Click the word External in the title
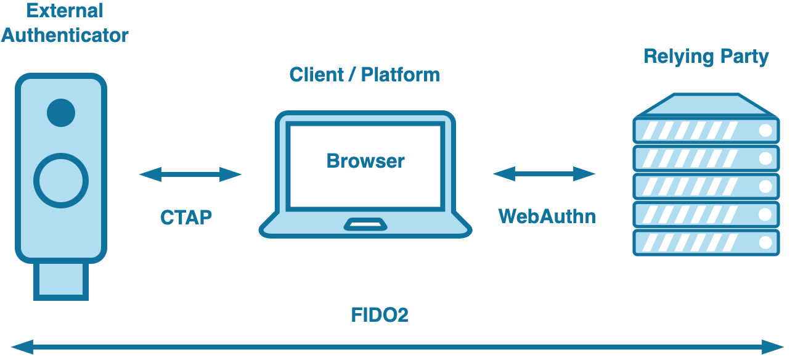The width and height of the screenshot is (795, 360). coord(65,10)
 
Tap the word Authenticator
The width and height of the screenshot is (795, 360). coord(65,35)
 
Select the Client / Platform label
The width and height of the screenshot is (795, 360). coord(365,75)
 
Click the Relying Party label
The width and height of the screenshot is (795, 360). coord(706,57)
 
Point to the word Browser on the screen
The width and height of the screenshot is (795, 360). coord(365,161)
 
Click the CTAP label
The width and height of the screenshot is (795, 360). coord(186,217)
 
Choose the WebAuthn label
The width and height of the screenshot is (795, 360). coord(547,216)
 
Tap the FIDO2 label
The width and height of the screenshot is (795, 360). coord(380,315)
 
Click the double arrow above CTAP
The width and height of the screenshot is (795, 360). coord(190,174)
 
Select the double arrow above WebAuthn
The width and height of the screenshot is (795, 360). coord(544,174)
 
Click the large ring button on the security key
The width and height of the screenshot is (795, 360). coord(61,180)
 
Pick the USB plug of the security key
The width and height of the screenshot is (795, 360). coord(61,280)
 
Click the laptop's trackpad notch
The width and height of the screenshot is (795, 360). coord(365,224)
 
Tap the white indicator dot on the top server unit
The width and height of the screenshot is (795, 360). coord(765,131)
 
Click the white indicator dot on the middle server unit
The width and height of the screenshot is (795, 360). coord(765,186)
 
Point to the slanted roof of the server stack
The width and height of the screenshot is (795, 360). coord(706,105)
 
